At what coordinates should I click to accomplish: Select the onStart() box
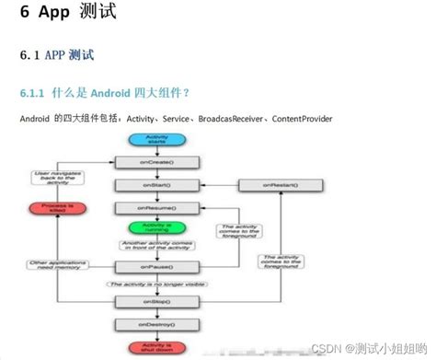(156, 186)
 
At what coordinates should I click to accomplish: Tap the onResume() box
(156, 207)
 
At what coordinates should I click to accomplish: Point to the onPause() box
(156, 267)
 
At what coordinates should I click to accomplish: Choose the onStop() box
(156, 301)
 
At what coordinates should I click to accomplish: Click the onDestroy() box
(156, 324)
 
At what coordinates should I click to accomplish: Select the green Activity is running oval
(156, 229)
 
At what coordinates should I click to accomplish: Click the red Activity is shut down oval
(156, 347)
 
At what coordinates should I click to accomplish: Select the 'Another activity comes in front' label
(156, 248)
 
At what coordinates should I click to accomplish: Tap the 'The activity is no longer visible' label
(156, 285)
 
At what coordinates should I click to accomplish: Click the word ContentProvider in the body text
(303, 119)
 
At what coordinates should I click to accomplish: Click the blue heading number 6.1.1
(35, 93)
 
